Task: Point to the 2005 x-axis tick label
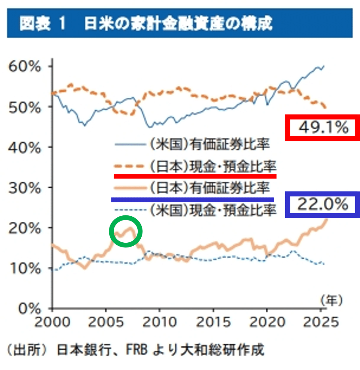[x=106, y=322]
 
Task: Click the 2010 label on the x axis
[x=160, y=322]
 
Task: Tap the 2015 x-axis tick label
[x=213, y=322]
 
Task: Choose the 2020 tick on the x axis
[x=267, y=322]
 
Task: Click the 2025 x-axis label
[x=321, y=322]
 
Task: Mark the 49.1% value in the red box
[x=323, y=128]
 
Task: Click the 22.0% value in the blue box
[x=322, y=205]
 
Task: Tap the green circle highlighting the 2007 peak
[x=126, y=231]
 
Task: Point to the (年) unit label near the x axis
[x=331, y=300]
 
